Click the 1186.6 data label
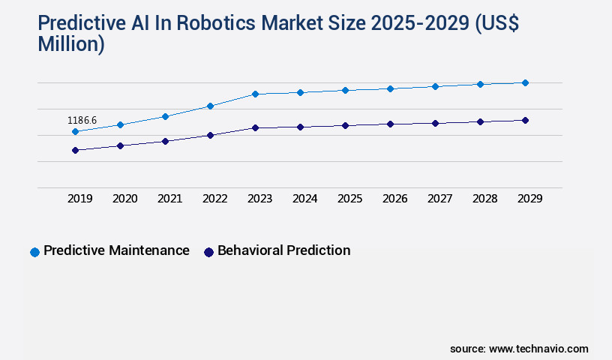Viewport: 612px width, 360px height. point(82,120)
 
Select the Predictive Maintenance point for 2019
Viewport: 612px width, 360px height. point(75,132)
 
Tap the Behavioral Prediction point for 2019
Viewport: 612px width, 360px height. point(75,151)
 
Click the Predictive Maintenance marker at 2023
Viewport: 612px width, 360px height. point(255,94)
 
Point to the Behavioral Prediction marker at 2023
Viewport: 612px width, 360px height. point(255,128)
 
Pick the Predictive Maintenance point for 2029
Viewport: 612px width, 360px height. point(525,83)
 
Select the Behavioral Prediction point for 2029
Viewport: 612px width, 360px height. point(525,120)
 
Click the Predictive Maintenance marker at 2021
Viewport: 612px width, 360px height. point(165,116)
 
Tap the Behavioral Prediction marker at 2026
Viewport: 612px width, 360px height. point(390,124)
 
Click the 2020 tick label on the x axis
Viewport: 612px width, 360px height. point(124,199)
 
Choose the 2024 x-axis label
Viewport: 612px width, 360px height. point(304,199)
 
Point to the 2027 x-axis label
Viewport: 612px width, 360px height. point(439,199)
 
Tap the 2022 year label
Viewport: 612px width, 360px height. point(214,199)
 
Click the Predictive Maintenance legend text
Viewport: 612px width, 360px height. point(116,250)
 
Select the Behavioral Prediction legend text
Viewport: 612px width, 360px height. point(283,250)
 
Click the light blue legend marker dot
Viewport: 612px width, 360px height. point(34,252)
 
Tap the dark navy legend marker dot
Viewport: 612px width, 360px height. point(209,252)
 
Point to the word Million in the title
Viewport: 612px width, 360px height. point(70,44)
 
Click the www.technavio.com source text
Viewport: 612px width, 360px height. point(538,349)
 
